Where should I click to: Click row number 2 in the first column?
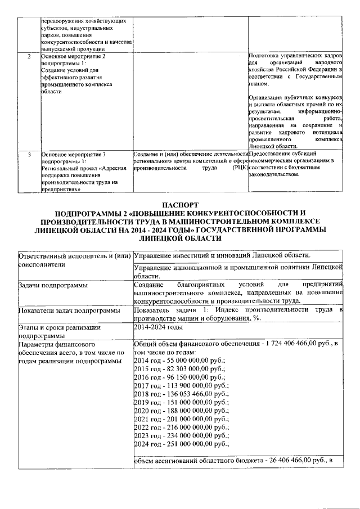[x=29, y=57]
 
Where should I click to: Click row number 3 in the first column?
[x=29, y=154]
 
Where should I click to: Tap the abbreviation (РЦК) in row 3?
[x=239, y=168]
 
